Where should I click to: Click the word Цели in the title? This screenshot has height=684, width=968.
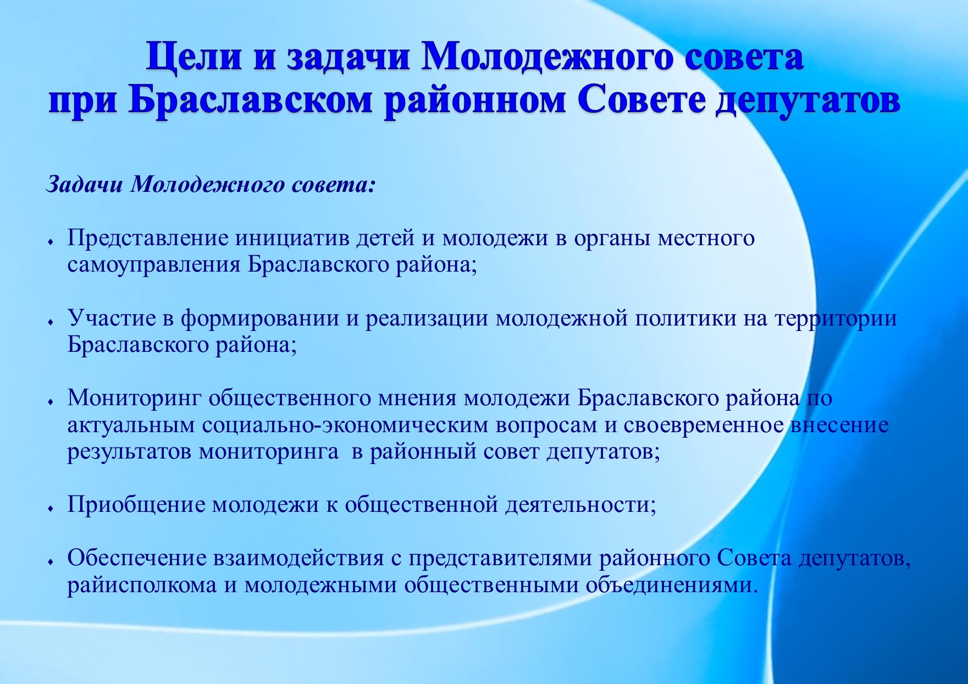pos(193,57)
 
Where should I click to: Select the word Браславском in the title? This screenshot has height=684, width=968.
pos(250,101)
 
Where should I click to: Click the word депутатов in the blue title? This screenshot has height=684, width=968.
pos(808,101)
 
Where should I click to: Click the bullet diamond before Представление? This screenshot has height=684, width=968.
pos(51,242)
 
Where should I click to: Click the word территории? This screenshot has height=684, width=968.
pos(836,319)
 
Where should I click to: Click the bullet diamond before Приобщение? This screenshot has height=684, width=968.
pos(51,509)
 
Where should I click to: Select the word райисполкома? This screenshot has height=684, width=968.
pos(142,585)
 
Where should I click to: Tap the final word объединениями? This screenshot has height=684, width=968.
pos(672,585)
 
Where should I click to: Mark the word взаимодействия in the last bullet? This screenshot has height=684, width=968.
pos(298,558)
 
